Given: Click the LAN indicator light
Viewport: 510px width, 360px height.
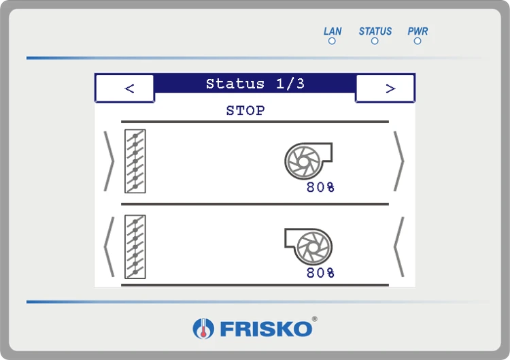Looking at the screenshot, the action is click(332, 41).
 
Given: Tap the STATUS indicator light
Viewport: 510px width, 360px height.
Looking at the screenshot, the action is click(375, 41).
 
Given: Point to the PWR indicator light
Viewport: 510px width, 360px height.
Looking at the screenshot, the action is click(418, 41).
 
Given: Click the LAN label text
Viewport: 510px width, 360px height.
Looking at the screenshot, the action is click(333, 31).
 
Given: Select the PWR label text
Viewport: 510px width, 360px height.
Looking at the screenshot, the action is click(418, 31).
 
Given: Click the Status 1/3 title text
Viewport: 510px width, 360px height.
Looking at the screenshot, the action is click(255, 84).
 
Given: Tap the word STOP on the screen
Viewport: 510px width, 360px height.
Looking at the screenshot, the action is click(245, 111).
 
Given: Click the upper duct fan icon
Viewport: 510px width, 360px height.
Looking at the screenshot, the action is click(308, 161).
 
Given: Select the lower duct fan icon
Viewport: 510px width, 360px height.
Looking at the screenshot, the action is click(308, 246).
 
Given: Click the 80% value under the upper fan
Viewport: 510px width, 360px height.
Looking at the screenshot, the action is click(320, 187).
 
